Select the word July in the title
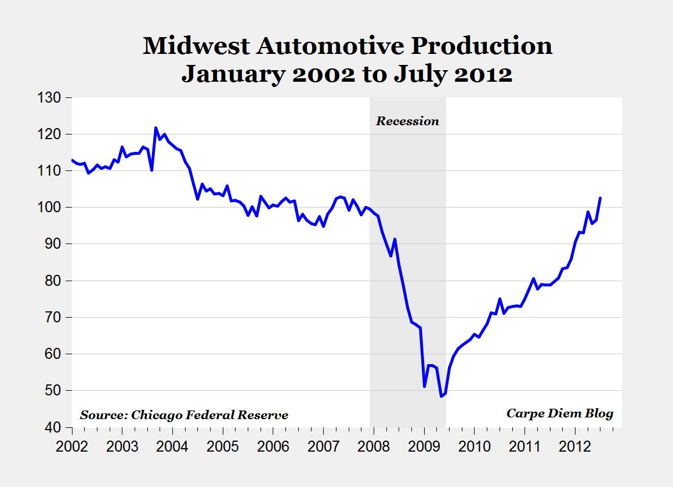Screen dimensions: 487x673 point(417,74)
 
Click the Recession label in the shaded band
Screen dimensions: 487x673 point(407,121)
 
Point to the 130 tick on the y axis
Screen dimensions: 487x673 point(49,98)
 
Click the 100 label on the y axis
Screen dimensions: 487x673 point(49,208)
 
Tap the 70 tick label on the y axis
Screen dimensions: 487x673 point(53,317)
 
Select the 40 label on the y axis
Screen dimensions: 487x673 point(53,427)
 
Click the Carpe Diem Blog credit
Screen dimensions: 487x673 point(560,413)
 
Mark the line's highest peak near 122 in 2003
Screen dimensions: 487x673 point(155,128)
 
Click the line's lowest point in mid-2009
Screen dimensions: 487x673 point(441,396)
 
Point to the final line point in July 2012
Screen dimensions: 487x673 point(600,198)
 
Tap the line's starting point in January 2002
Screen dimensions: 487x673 point(72,160)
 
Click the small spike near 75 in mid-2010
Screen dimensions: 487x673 point(500,299)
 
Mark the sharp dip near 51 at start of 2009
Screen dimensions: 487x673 point(424,386)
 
